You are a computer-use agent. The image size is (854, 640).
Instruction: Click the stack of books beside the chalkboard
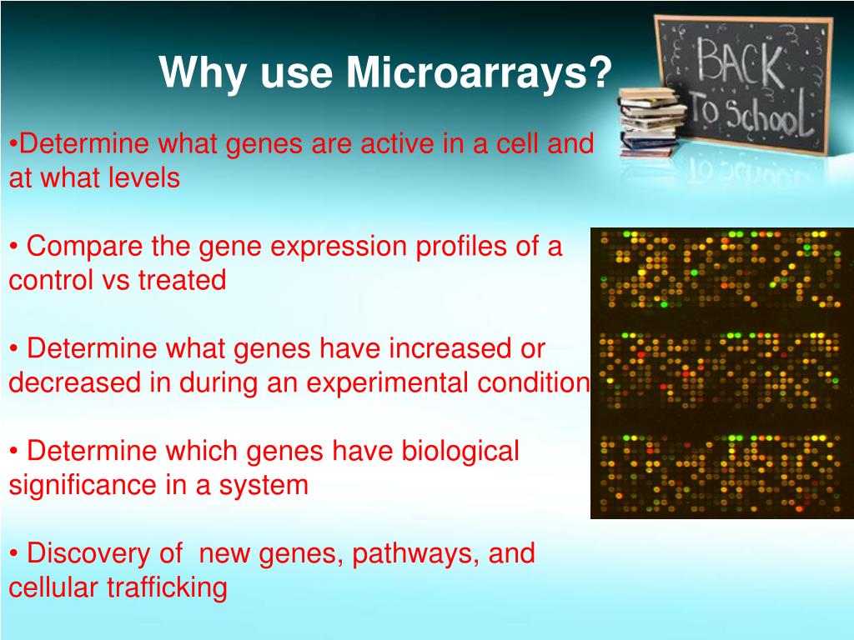point(651,121)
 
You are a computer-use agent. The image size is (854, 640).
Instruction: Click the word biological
point(460,452)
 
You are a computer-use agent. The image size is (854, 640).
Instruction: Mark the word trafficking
point(167,587)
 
